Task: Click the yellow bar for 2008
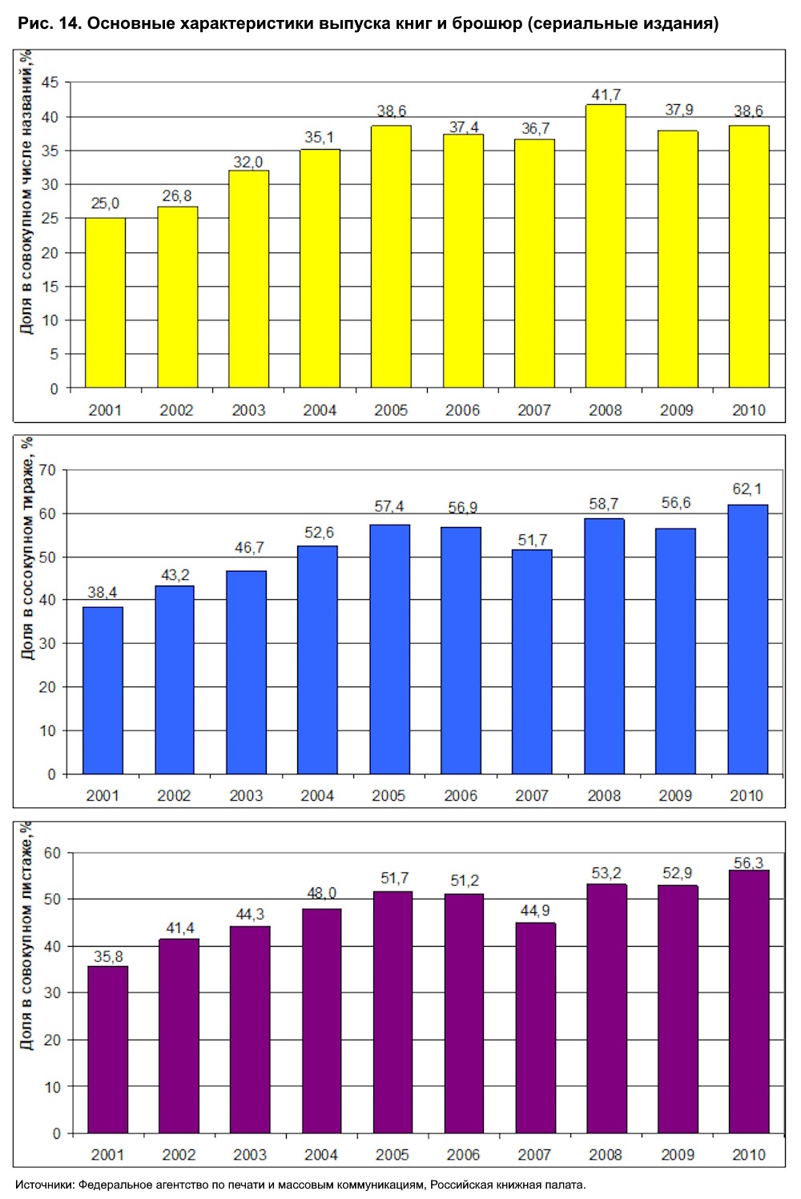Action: tap(606, 246)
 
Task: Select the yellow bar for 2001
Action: tap(105, 303)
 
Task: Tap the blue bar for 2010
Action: tap(747, 639)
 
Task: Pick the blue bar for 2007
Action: tap(532, 662)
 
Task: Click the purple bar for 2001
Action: tap(107, 1049)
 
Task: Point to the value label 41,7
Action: tap(606, 95)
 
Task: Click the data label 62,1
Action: tap(747, 489)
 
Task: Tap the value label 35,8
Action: tap(107, 956)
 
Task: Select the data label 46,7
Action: tap(248, 548)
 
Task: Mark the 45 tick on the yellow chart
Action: tap(50, 82)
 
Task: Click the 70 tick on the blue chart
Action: tap(48, 470)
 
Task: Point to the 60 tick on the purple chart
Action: tap(52, 853)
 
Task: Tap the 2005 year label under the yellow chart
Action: tap(391, 410)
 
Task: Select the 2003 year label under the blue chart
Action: tap(246, 795)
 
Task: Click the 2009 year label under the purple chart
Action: tap(678, 1154)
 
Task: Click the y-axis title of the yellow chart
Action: tap(26, 192)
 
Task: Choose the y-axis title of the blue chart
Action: tap(27, 549)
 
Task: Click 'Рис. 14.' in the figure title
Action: tap(49, 24)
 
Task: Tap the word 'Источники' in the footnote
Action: tap(44, 1185)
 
